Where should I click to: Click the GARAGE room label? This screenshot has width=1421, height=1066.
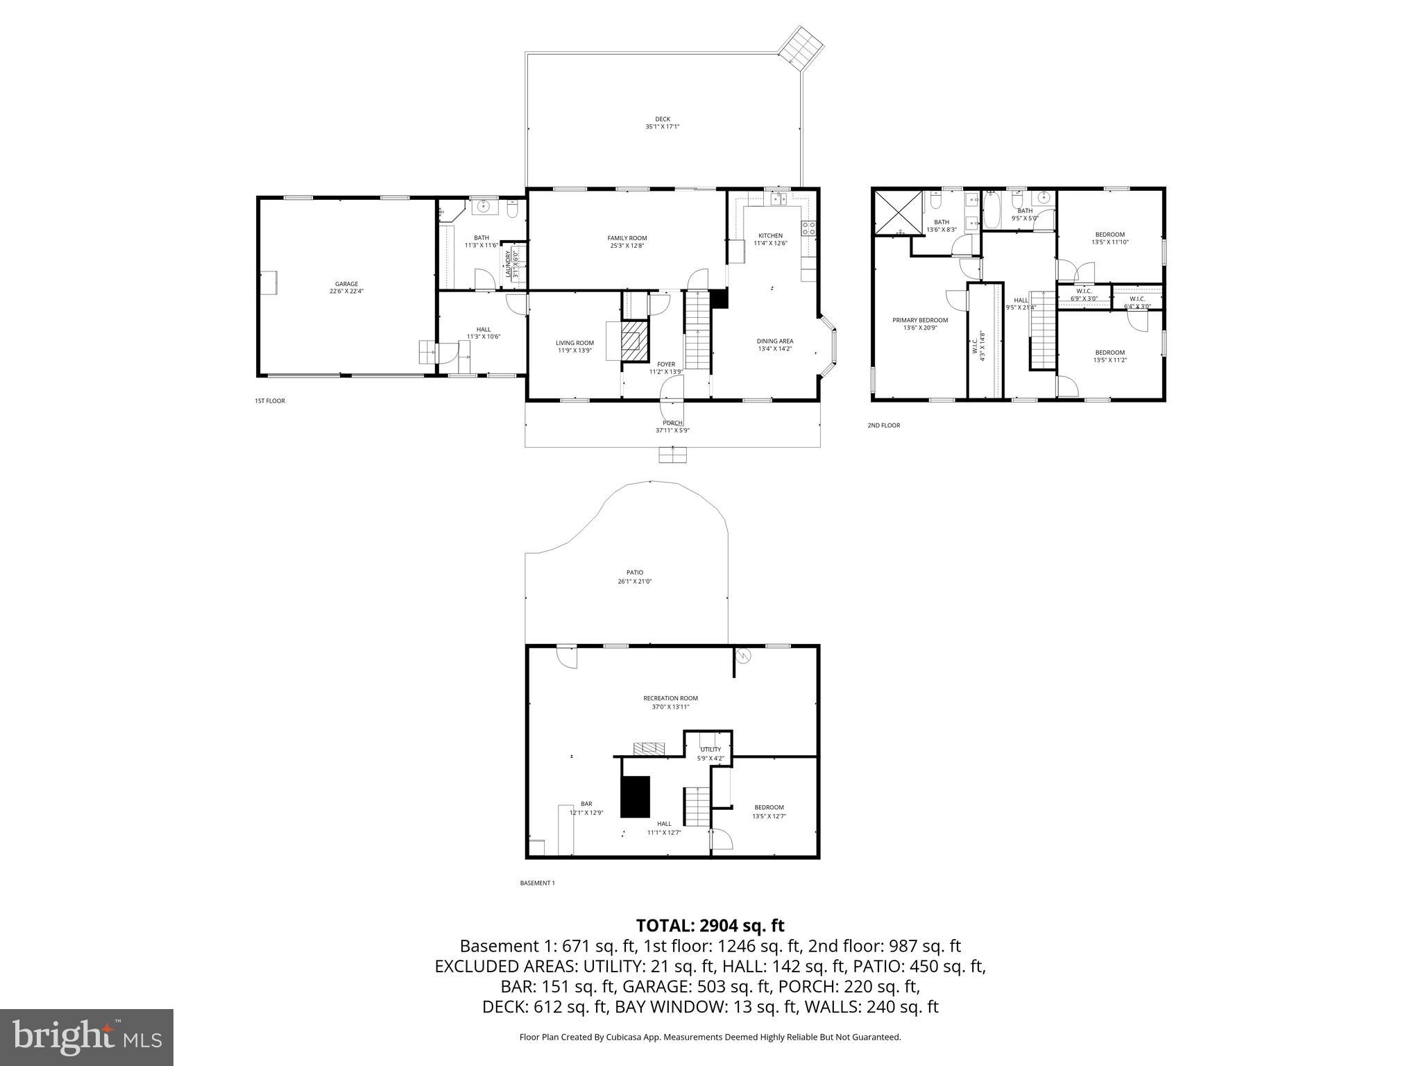coord(346,284)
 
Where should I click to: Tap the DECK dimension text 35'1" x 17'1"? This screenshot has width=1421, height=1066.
coord(662,126)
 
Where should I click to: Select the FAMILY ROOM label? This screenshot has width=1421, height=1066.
coord(627,238)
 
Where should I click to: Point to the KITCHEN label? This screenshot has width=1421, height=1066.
coord(770,235)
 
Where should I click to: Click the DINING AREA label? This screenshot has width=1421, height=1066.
coord(774,341)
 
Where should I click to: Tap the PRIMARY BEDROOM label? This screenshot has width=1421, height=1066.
coord(920,320)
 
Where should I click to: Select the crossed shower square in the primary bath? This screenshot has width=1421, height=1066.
coord(899,212)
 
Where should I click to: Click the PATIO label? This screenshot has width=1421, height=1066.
coord(634,573)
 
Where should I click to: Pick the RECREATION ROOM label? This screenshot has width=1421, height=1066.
coord(670,698)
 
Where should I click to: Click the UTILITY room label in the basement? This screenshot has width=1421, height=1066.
coord(710,750)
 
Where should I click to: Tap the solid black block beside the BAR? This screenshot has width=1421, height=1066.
coord(635,797)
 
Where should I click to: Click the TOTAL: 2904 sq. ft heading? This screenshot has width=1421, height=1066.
coord(710,925)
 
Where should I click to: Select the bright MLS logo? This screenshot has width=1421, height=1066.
coord(87,1037)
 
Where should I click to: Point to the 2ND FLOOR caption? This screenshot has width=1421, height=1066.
coord(883,425)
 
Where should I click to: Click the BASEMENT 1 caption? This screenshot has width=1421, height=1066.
coord(537,883)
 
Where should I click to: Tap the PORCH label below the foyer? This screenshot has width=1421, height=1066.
coord(672,423)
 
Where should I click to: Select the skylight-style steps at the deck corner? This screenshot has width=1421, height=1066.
coord(801,48)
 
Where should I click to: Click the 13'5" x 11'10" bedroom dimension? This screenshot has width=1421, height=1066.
coord(1109,242)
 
